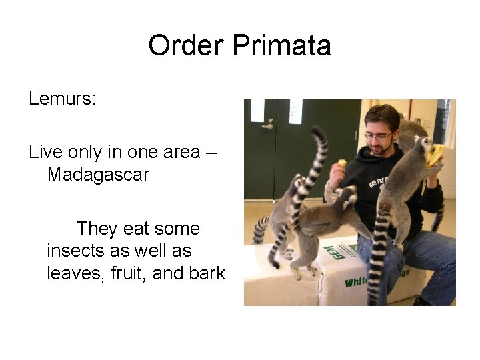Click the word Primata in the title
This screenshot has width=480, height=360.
282,46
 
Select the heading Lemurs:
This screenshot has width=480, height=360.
63,99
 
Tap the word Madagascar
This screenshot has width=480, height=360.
98,175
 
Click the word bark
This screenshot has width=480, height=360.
208,273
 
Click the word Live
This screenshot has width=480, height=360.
45,152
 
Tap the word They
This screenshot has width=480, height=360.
97,229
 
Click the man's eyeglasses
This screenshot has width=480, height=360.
378,135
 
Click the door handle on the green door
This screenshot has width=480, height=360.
267,124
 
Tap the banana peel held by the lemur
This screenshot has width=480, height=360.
435,155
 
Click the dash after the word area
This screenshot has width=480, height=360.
211,153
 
